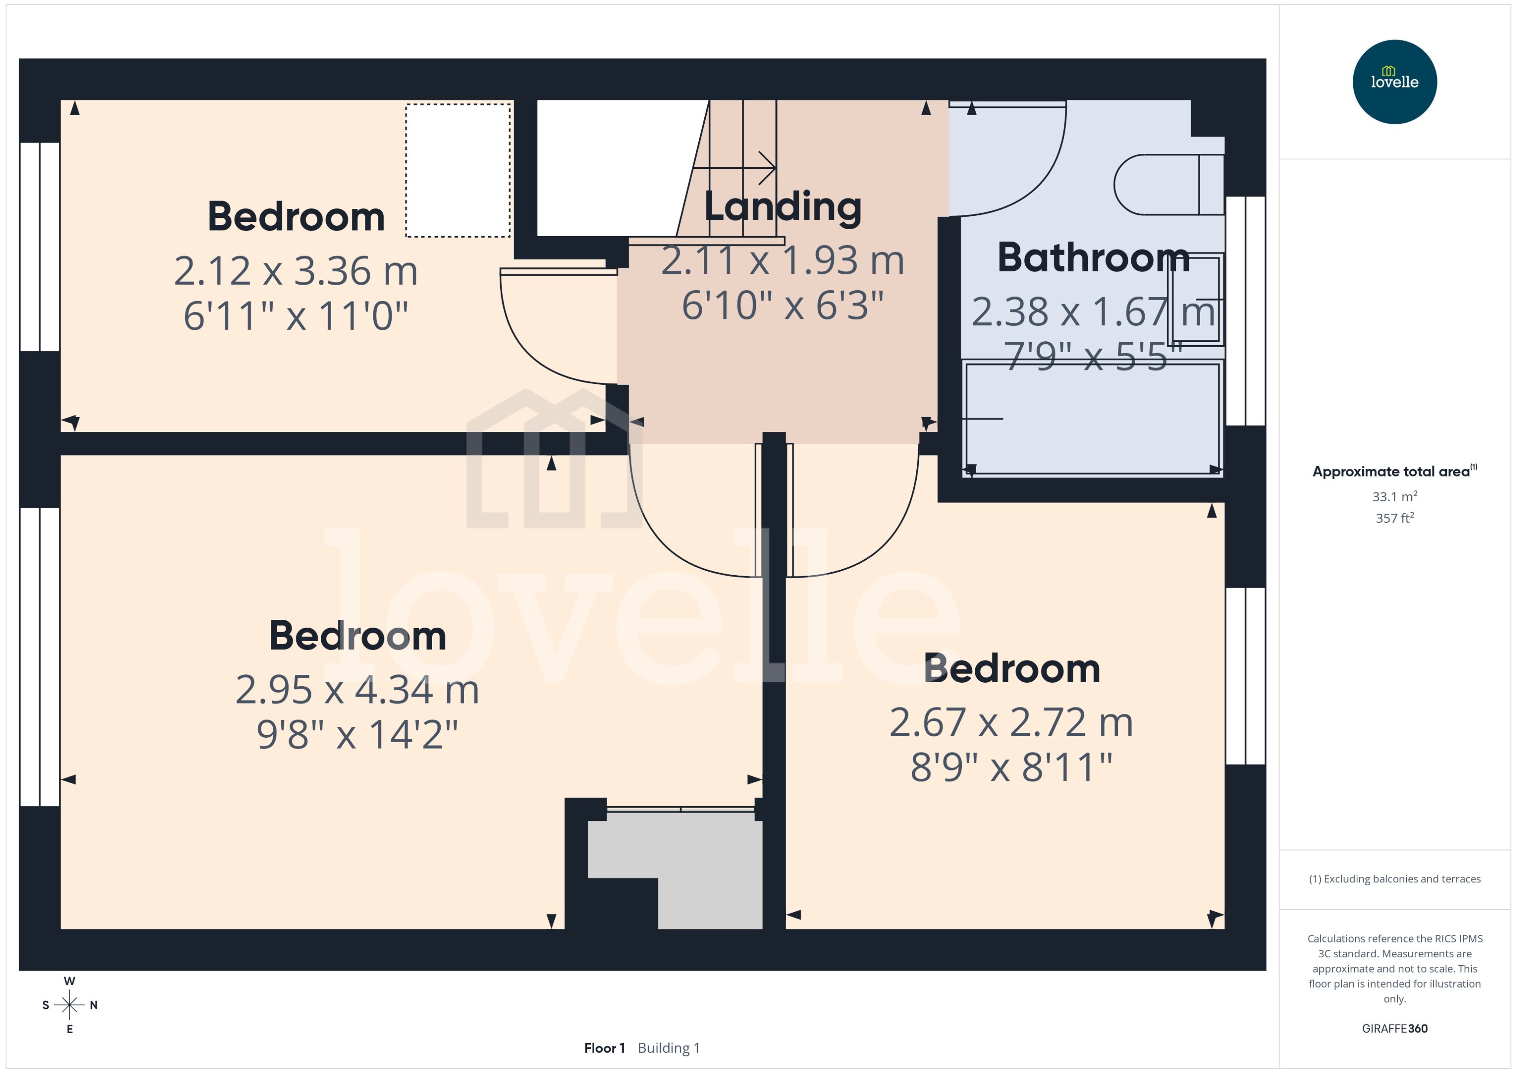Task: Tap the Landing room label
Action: click(783, 207)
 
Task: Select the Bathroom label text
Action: click(1093, 258)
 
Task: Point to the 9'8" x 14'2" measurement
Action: click(357, 734)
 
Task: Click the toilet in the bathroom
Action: click(1167, 185)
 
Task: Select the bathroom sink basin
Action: click(1195, 299)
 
